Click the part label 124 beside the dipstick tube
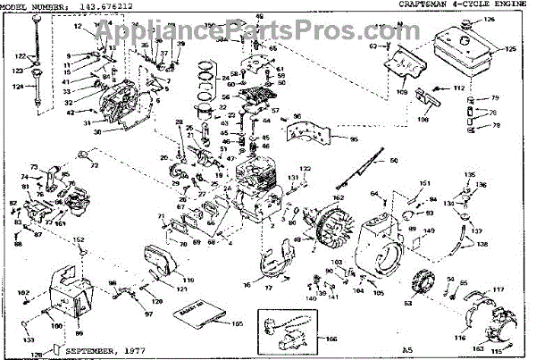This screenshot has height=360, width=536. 16,87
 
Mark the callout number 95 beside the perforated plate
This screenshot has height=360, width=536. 354,139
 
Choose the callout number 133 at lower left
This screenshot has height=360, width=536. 29,340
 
